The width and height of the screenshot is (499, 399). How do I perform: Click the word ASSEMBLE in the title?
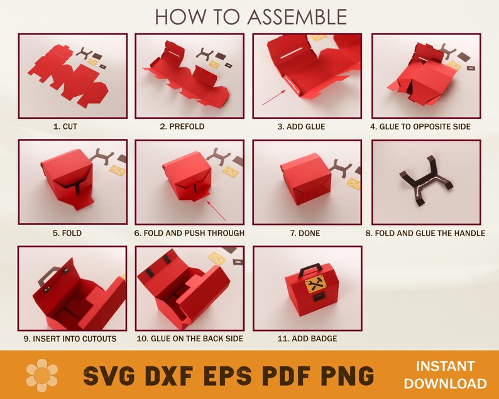pos(295,16)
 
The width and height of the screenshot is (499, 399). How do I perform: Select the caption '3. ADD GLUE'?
pos(301,126)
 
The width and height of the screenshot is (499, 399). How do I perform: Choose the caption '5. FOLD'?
pos(67,233)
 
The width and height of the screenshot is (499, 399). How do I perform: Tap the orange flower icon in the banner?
pos(42,375)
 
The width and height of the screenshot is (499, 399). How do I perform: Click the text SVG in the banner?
pos(111,376)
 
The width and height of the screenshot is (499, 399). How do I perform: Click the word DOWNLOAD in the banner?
pos(446,383)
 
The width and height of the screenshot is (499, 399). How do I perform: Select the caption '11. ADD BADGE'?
pos(307,339)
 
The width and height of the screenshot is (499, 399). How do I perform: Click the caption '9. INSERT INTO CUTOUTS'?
pos(70,339)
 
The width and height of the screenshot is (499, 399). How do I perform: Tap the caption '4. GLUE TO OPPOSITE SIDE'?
pos(420,126)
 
